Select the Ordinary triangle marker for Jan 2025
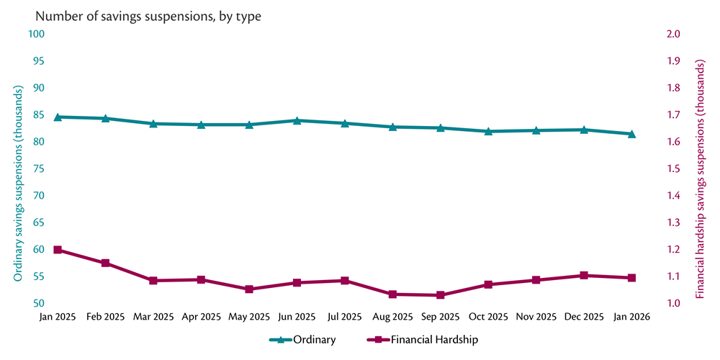click(x=58, y=117)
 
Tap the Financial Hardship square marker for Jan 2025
click(x=58, y=250)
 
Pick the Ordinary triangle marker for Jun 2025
click(x=297, y=120)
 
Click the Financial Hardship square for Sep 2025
click(x=440, y=295)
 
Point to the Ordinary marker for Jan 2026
click(x=631, y=133)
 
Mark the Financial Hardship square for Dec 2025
click(x=584, y=276)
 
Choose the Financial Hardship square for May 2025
click(x=249, y=289)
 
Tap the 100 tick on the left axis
click(x=37, y=34)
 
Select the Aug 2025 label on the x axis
click(x=392, y=317)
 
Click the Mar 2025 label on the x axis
click(x=153, y=317)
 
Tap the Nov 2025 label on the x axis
click(x=536, y=317)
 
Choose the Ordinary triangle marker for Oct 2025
click(x=488, y=131)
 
